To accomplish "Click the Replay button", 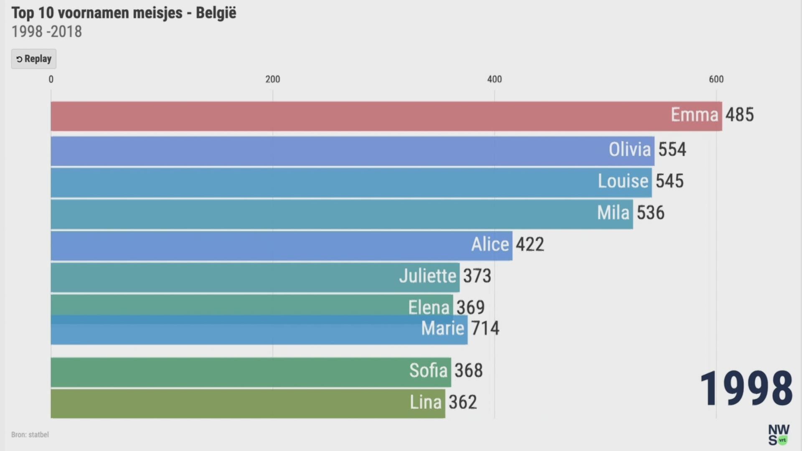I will click(34, 59).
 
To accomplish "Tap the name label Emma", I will click(694, 115).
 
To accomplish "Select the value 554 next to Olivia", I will click(672, 149).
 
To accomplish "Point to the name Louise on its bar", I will click(623, 181).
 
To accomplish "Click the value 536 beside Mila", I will click(650, 213).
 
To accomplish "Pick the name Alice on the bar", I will click(490, 245).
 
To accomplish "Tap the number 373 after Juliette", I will click(477, 276).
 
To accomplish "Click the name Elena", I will click(429, 307).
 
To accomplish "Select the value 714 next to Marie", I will click(485, 328).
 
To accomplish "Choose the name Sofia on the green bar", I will click(428, 371).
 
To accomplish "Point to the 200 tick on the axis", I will click(273, 79).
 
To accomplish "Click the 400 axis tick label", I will click(495, 79).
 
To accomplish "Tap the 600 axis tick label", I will click(716, 79).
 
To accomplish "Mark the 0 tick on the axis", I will click(51, 79).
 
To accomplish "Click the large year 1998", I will click(746, 388).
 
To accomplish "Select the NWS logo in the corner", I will click(779, 435).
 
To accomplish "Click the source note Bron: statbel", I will click(30, 435).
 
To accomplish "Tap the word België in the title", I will click(216, 13).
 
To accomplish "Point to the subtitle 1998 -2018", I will click(47, 32).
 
